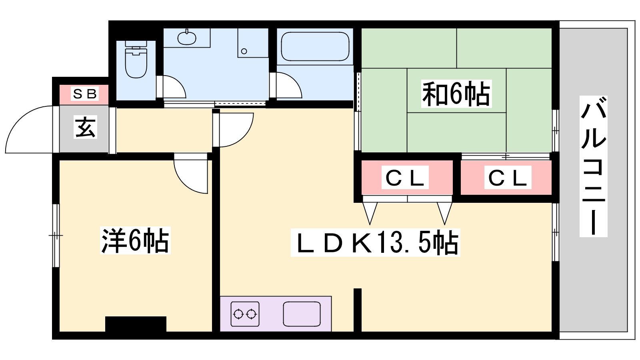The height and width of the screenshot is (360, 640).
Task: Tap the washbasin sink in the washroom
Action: tap(187, 38)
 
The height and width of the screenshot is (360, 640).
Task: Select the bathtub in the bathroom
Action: tap(315, 46)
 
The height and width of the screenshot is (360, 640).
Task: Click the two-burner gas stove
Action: tap(245, 314)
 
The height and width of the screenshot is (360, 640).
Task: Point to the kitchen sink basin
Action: tap(302, 314)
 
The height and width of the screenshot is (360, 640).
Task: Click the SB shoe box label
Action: tap(84, 94)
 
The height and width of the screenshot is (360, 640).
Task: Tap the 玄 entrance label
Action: tap(85, 128)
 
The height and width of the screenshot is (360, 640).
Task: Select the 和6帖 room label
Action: tap(456, 94)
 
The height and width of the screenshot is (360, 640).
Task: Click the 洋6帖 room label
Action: tap(135, 240)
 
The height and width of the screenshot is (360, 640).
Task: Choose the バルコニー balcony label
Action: tap(594, 166)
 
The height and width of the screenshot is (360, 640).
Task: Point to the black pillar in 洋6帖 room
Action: tap(136, 324)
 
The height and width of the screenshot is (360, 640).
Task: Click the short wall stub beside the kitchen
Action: tap(357, 310)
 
